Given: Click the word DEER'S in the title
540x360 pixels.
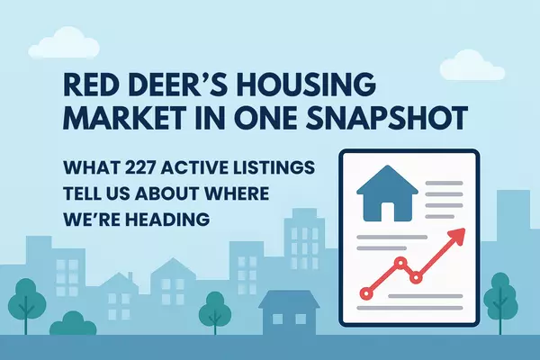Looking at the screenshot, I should coord(168,85).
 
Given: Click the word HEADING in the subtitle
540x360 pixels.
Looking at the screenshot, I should coord(153,219).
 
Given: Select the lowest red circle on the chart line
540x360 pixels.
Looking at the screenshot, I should coord(366,292).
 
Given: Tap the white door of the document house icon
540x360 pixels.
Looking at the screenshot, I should coord(388,211).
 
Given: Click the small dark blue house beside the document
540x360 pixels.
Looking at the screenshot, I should coord(288,310).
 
